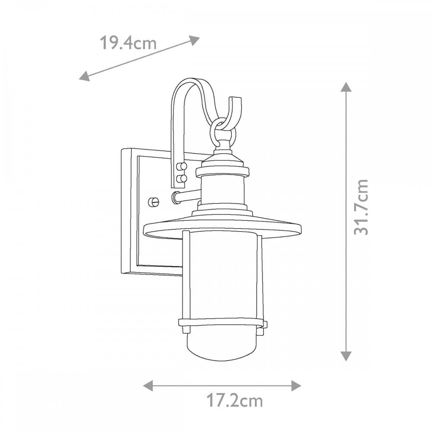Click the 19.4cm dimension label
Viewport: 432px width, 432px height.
coord(128,43)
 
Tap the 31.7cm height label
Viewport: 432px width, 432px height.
coord(361,207)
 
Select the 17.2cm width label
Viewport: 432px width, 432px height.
coord(235,401)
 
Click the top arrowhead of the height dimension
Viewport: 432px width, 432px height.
coord(346,87)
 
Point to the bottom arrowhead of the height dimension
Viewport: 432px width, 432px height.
coord(346,356)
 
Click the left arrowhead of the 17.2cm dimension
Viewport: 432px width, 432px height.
coord(148,385)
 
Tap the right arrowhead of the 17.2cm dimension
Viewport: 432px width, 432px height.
coord(296,385)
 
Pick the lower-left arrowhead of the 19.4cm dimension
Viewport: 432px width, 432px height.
coord(84,76)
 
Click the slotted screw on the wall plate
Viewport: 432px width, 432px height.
coord(154,202)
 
